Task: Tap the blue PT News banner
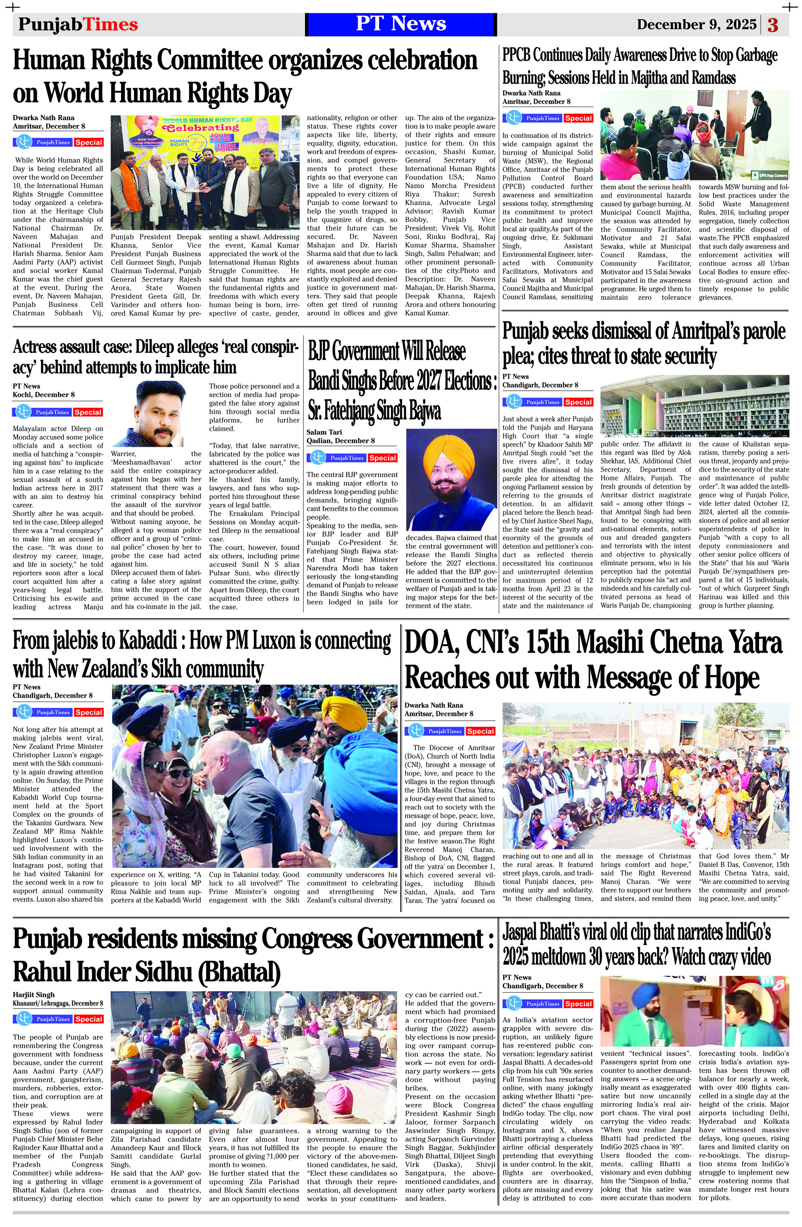pyautogui.click(x=401, y=24)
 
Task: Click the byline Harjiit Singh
pyautogui.click(x=34, y=994)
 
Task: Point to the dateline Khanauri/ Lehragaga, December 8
pyautogui.click(x=58, y=1003)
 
